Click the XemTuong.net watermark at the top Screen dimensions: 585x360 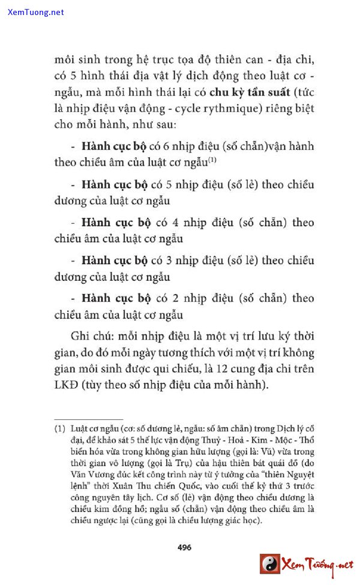pyautogui.click(x=36, y=12)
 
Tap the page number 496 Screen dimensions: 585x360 pyautogui.click(x=184, y=547)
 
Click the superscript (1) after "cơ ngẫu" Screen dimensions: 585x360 pyautogui.click(x=212, y=160)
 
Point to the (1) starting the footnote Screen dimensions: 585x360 pyautogui.click(x=59, y=430)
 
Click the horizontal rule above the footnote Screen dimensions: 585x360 pyautogui.click(x=89, y=419)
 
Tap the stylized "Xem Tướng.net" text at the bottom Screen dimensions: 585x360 pyautogui.click(x=317, y=564)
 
